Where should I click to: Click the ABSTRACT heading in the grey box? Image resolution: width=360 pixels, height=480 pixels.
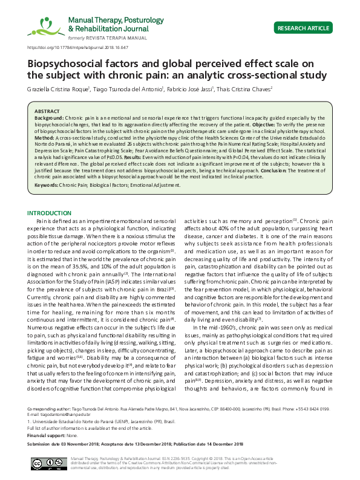(x=47, y=112)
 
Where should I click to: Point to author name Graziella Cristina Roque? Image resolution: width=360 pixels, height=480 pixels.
(x=58, y=88)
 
